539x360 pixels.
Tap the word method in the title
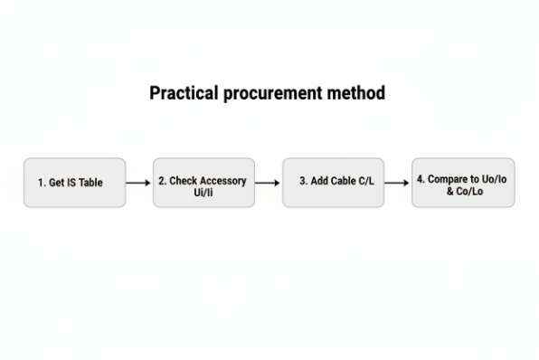[x=358, y=93]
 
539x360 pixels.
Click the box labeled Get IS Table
[x=74, y=183]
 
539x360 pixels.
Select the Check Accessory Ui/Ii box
[x=203, y=183]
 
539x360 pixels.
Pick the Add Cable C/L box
[x=333, y=183]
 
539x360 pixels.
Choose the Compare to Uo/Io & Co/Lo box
[x=462, y=183]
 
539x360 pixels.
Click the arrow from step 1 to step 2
[x=138, y=183]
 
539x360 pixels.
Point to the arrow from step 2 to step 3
[x=268, y=183]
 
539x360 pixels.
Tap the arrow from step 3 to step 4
[x=397, y=183]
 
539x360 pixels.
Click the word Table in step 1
[x=90, y=183]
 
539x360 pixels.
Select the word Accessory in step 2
[x=222, y=181]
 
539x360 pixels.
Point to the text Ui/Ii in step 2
[x=203, y=193]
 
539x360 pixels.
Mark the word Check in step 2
[x=182, y=181]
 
